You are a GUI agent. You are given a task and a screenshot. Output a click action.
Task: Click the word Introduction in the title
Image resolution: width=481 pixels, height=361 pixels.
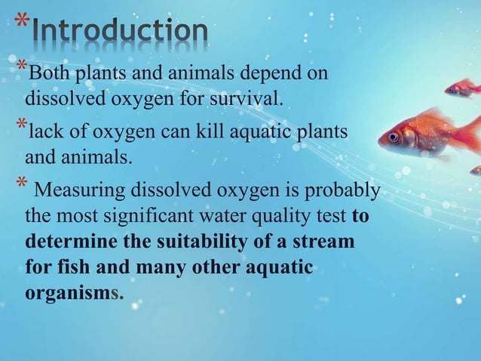click(121, 32)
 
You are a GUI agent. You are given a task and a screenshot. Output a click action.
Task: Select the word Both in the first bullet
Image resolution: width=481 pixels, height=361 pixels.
click(46, 74)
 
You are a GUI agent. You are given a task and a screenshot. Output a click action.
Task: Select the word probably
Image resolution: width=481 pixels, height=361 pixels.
click(345, 189)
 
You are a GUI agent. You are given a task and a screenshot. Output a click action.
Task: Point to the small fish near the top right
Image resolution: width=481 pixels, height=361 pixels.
click(461, 88)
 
